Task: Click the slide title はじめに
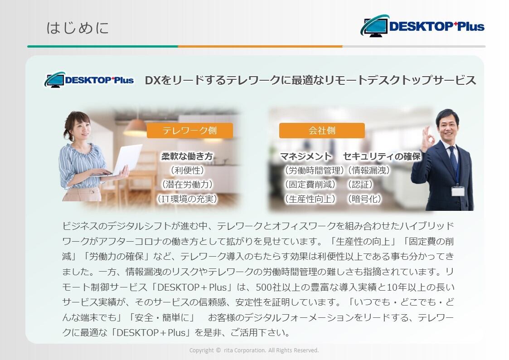click(77, 28)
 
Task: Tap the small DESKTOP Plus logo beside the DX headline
click(89, 80)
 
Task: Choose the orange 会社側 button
click(322, 131)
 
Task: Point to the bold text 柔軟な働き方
click(187, 156)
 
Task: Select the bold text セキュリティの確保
click(382, 156)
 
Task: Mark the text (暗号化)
click(364, 199)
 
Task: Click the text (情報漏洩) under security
click(369, 170)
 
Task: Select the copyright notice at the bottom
click(254, 350)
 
